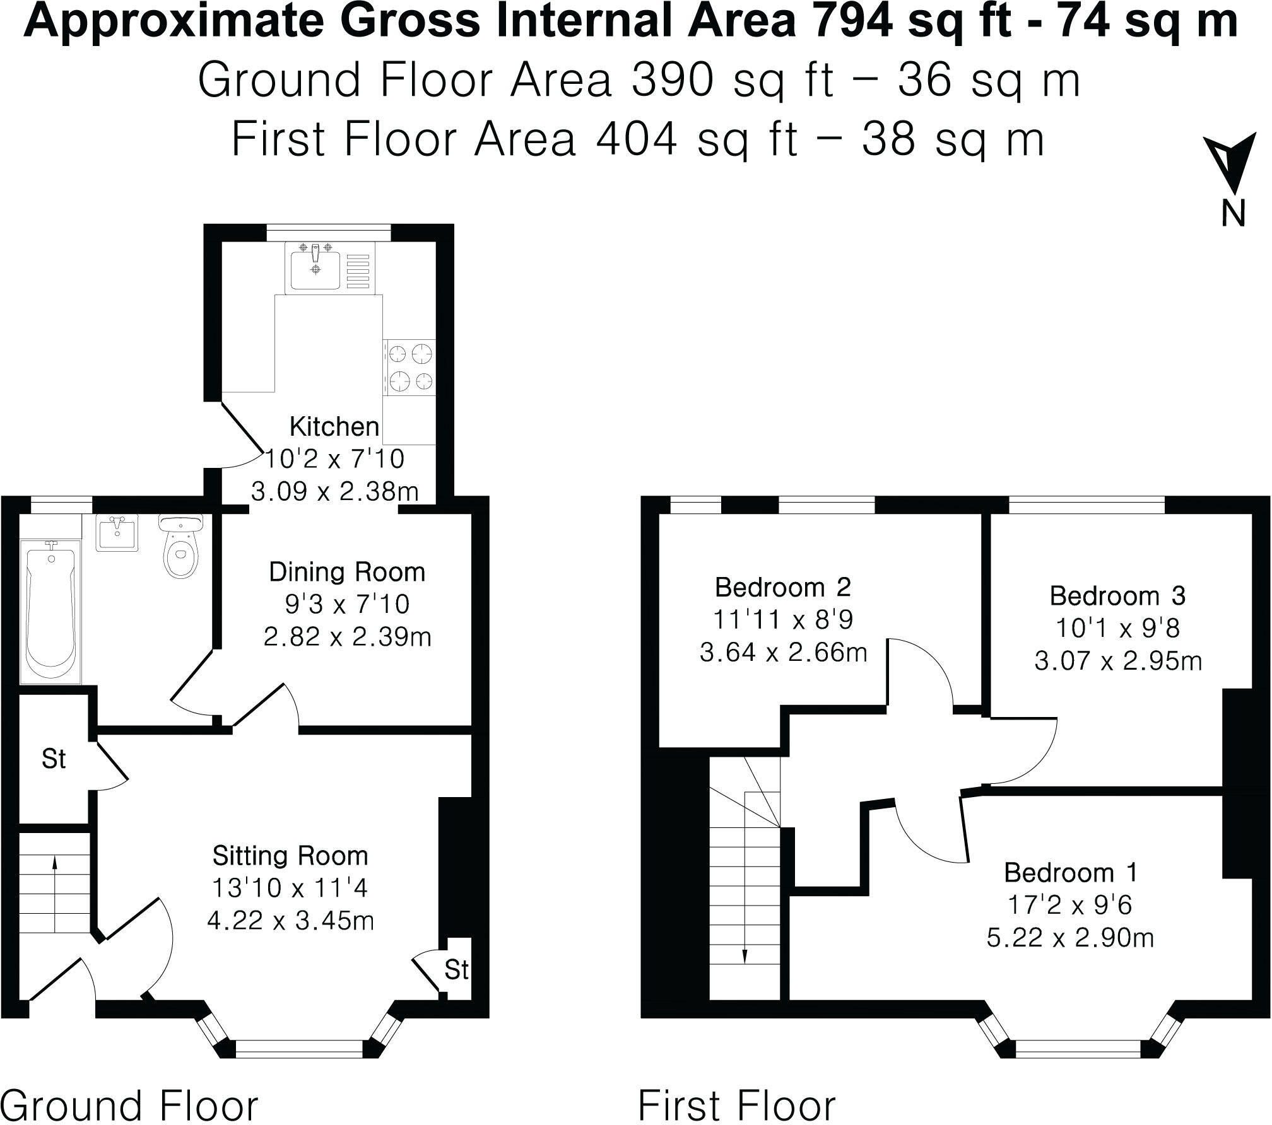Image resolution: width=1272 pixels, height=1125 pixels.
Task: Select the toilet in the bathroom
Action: (181, 549)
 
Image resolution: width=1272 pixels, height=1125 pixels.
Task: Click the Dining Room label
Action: (347, 573)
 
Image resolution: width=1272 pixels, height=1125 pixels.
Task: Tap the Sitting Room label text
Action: (290, 856)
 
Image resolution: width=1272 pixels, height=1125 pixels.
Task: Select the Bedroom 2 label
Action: (783, 588)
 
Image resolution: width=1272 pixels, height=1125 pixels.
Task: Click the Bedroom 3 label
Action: (1117, 596)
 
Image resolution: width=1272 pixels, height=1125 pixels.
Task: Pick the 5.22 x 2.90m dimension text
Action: (1070, 938)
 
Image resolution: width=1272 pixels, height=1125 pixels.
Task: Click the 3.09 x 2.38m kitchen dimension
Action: (334, 491)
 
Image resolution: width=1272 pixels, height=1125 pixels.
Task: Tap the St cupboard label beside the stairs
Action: (54, 759)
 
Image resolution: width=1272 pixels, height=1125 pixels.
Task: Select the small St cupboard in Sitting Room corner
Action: (456, 969)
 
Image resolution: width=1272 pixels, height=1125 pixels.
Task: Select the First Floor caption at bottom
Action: (736, 1104)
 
